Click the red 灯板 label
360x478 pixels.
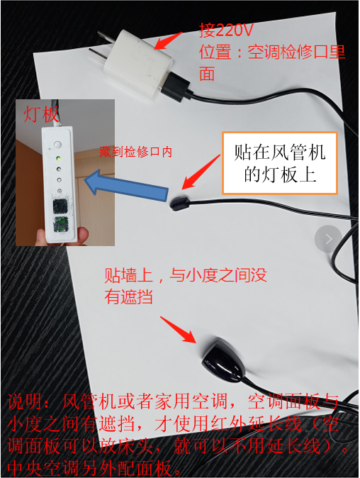click(x=40, y=114)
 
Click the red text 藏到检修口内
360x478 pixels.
click(x=136, y=152)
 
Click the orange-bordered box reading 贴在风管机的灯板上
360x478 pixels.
click(x=279, y=162)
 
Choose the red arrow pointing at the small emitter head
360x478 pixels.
click(x=198, y=177)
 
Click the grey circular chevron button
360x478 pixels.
click(x=329, y=239)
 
